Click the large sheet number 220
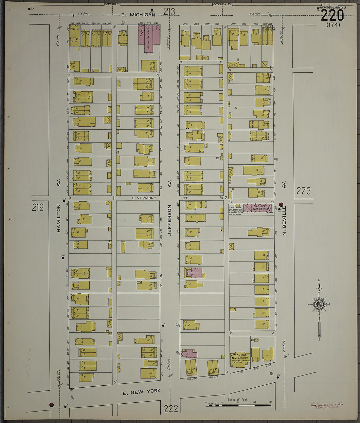tap(332, 15)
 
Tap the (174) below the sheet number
tap(333, 25)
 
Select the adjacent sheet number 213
tap(169, 12)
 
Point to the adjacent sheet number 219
tap(38, 207)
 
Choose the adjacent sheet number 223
tap(303, 191)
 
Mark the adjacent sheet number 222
tap(171, 408)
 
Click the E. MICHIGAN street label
tap(138, 15)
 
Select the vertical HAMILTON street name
tap(59, 218)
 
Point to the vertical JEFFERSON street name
tap(170, 220)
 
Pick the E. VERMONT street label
tap(144, 198)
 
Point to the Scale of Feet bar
tap(238, 405)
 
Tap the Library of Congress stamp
tap(327, 406)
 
